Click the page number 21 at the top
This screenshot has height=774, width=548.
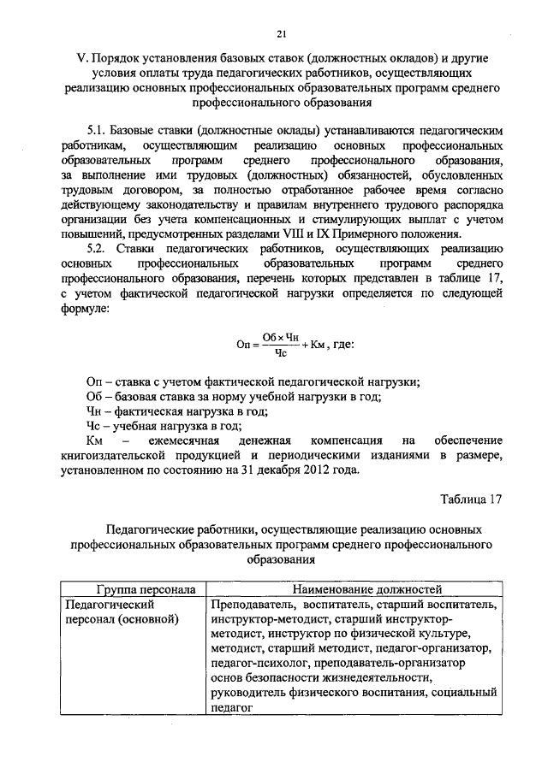coord(280,33)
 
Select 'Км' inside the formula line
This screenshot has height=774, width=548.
coord(319,346)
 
